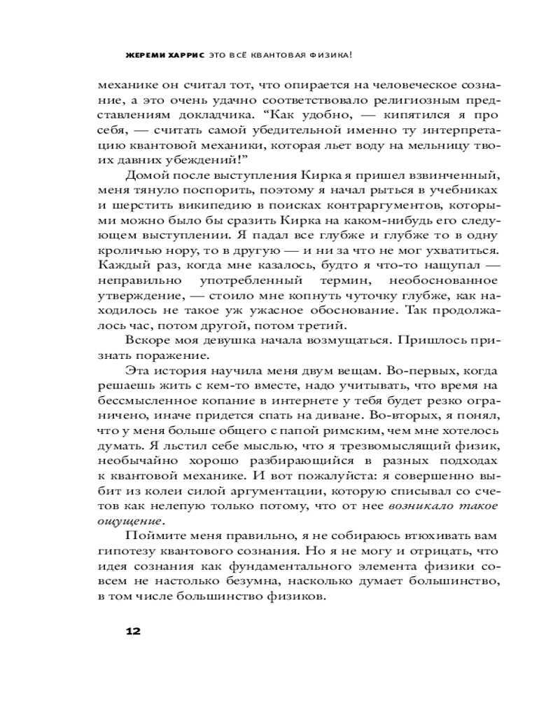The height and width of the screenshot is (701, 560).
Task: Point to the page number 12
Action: click(133, 631)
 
